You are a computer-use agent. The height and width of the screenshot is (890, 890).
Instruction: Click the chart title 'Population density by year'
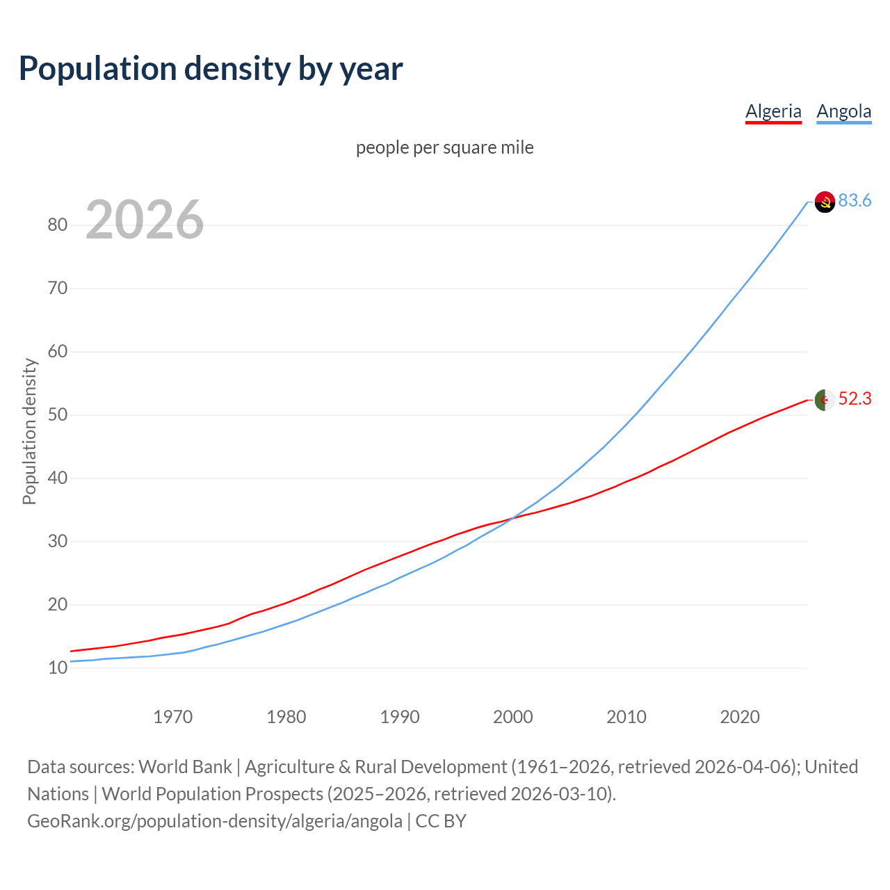tap(211, 68)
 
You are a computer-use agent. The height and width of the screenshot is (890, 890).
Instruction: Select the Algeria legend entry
tap(773, 111)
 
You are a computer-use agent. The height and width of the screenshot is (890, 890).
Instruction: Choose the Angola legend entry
tap(843, 111)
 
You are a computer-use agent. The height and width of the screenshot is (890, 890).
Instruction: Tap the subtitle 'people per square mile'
tap(445, 147)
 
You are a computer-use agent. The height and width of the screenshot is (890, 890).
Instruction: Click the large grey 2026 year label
tap(145, 220)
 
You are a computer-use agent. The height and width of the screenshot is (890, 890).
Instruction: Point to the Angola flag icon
tap(825, 202)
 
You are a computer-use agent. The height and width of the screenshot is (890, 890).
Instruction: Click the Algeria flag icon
tap(825, 400)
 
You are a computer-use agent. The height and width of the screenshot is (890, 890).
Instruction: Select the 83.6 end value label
tap(855, 200)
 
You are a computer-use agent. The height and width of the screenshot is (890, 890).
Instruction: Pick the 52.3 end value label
tap(855, 398)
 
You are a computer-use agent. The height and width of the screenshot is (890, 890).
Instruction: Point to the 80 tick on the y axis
tap(57, 225)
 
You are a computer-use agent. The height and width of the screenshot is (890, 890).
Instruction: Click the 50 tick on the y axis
tap(57, 414)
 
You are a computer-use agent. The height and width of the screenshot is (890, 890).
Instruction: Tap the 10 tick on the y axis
tap(57, 667)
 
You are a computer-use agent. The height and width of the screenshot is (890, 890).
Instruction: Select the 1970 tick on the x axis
tap(172, 717)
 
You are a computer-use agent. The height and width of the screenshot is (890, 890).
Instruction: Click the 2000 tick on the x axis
tap(512, 717)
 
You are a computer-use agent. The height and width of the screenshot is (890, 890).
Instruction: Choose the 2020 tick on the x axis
tap(739, 717)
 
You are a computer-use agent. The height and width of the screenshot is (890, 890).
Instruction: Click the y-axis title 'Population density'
tap(29, 431)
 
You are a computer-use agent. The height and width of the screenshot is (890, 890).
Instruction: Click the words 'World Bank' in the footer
tap(185, 767)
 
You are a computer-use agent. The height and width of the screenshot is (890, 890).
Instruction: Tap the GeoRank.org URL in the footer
tap(214, 821)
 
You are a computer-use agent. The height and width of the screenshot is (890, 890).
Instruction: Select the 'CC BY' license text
tap(441, 821)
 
